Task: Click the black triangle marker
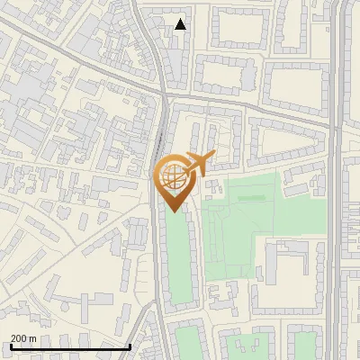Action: (x=180, y=24)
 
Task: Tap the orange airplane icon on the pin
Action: (x=201, y=162)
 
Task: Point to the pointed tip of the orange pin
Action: (x=175, y=211)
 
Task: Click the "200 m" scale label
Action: (x=23, y=338)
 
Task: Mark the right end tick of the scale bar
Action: (x=130, y=346)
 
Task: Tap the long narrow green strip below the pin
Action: (x=176, y=261)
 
